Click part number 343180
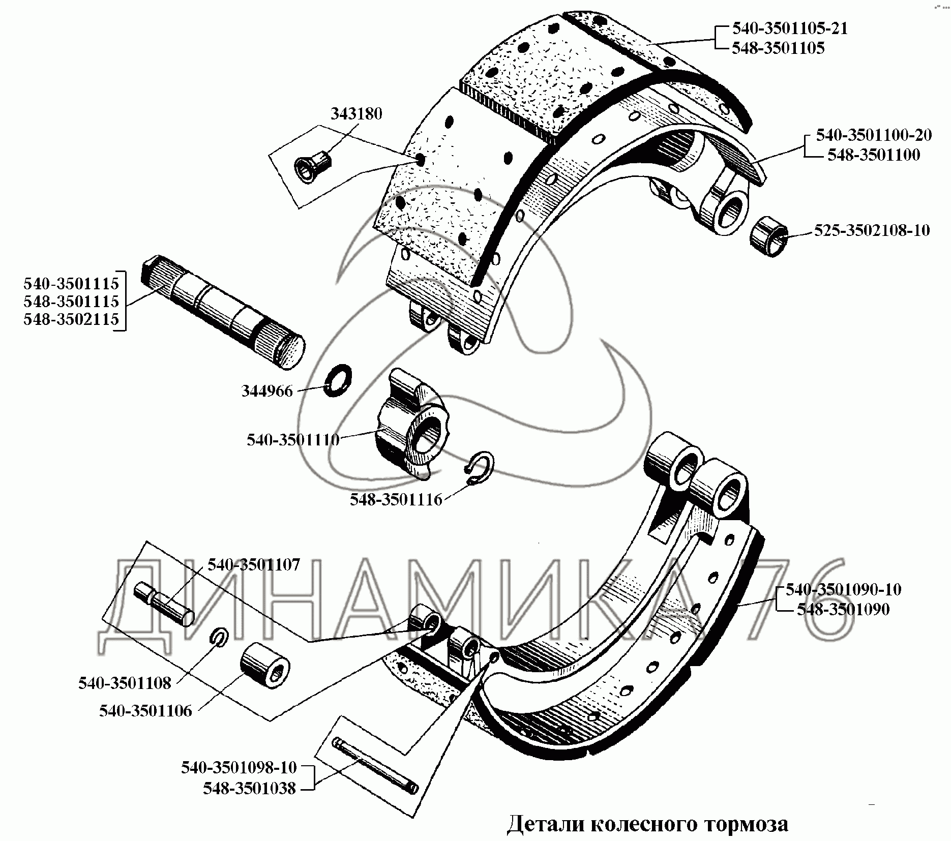356,114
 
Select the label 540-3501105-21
790,28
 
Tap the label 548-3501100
873,155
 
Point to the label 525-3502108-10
872,230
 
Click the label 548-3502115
71,319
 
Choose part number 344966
267,391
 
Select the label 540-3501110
293,439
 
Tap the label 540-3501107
254,564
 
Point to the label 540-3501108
125,683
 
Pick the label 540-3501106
145,710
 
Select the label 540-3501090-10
843,590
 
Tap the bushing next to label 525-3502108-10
769,236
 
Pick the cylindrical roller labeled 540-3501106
264,667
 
